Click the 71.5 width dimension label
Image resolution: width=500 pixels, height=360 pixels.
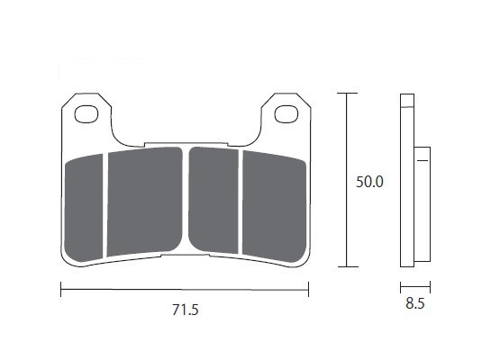click(x=186, y=310)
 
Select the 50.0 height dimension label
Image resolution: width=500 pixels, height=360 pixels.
click(x=369, y=182)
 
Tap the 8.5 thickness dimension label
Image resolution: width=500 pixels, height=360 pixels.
click(x=415, y=303)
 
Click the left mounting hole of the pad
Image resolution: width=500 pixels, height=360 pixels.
click(x=86, y=114)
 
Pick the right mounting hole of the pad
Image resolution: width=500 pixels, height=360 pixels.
click(x=286, y=114)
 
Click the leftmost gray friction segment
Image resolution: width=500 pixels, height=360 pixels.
click(x=84, y=208)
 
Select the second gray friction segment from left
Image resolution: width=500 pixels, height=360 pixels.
click(x=144, y=202)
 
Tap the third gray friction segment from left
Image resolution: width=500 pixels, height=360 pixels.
click(x=214, y=200)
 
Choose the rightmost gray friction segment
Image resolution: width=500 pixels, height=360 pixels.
click(x=274, y=206)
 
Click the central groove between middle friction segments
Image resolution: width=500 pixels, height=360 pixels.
click(x=186, y=200)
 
